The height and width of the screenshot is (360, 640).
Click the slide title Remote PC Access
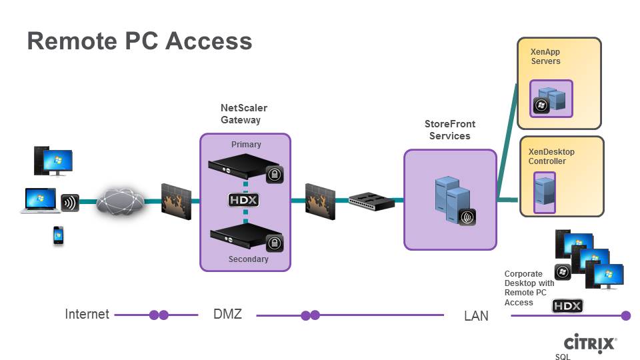point(139,41)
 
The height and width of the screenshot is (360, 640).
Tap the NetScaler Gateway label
point(243,114)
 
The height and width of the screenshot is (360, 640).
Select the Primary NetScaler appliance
point(240,167)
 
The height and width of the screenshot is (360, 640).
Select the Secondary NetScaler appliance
point(240,237)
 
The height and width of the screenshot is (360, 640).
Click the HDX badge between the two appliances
point(244,201)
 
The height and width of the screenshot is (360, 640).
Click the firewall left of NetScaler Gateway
point(176,199)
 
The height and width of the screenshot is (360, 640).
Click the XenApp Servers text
point(545,56)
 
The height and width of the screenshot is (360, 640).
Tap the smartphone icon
point(59,236)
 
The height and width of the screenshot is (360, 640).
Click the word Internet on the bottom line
point(87,314)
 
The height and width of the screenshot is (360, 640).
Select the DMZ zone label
point(227,313)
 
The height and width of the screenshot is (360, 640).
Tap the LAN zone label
point(476,315)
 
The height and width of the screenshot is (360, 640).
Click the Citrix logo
point(590,343)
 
